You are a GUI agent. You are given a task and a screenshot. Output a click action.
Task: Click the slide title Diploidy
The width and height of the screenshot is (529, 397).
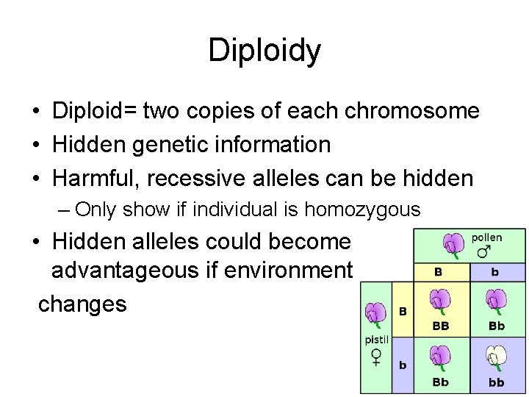(x=264, y=51)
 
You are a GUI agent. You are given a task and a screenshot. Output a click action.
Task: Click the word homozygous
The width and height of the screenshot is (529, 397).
(x=362, y=210)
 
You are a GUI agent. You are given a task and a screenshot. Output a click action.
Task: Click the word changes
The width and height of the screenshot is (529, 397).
(x=82, y=303)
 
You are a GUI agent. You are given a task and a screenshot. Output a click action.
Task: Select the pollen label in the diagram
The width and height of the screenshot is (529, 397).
(x=486, y=237)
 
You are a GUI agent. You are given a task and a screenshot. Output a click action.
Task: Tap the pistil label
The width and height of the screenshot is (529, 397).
(x=377, y=340)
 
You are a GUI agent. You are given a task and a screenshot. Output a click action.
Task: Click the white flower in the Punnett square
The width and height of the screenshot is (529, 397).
(x=496, y=358)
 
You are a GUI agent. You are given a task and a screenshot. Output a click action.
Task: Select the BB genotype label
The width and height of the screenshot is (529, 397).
(x=440, y=326)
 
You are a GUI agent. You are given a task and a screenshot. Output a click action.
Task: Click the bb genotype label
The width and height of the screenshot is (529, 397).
(x=497, y=382)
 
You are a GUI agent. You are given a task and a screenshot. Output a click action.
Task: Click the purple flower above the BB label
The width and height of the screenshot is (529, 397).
(x=439, y=301)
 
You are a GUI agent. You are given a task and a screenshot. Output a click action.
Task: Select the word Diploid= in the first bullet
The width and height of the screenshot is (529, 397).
(x=93, y=111)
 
